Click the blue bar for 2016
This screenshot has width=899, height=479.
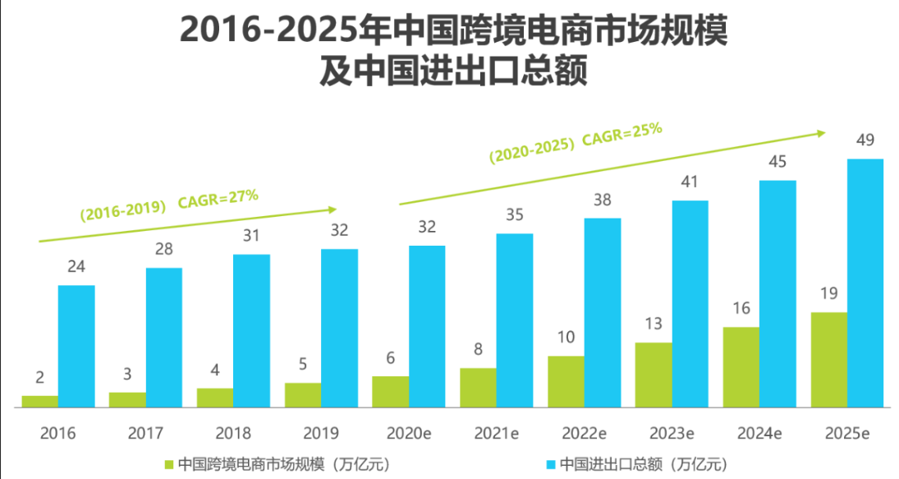76,346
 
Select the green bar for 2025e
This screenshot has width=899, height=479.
828,359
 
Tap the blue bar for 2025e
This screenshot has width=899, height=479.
865,283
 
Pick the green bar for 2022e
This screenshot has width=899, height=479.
566,381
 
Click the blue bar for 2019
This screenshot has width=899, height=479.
339,328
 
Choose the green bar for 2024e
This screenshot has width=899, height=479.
741,366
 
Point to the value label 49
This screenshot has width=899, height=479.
865,140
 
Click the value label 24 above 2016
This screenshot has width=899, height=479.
76,267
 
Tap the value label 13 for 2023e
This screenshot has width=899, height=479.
654,324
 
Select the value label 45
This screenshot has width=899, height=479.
777,162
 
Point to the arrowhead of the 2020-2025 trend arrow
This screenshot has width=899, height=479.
821,131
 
